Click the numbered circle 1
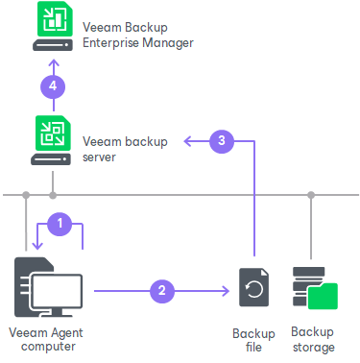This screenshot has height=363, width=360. pyautogui.click(x=60, y=222)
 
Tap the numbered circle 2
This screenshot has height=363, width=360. pyautogui.click(x=161, y=286)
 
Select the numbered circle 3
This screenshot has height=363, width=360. pyautogui.click(x=222, y=141)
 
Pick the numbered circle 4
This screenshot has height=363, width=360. pyautogui.click(x=54, y=85)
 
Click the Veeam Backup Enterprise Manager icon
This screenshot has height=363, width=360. pyautogui.click(x=53, y=28)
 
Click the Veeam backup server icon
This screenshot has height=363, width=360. pyautogui.click(x=53, y=140)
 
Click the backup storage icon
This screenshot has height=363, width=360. pyautogui.click(x=312, y=286)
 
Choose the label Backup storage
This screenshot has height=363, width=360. pyautogui.click(x=312, y=339)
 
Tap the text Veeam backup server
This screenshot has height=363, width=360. pyautogui.click(x=125, y=148)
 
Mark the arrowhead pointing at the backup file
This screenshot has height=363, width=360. pyautogui.click(x=222, y=286)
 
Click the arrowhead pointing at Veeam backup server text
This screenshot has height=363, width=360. pyautogui.click(x=188, y=141)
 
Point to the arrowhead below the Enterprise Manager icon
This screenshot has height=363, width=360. pyautogui.click(x=54, y=62)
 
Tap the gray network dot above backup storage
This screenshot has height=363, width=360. pyautogui.click(x=311, y=195)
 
